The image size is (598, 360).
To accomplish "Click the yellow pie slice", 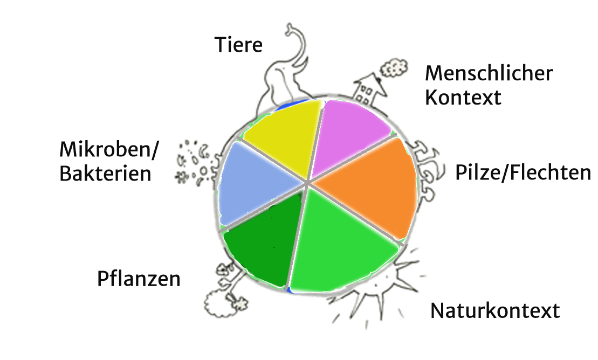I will point(278,137).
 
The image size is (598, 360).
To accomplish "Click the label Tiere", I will point(238,45).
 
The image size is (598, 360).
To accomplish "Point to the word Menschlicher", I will point(489,73).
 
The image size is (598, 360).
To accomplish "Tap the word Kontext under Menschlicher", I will point(463,98).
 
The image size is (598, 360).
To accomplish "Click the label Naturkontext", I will point(495,311).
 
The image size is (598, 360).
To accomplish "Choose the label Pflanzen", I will point(139,280).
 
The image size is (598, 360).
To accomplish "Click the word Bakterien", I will point(106,174).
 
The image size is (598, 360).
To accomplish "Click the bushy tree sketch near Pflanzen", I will point(218,304).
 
